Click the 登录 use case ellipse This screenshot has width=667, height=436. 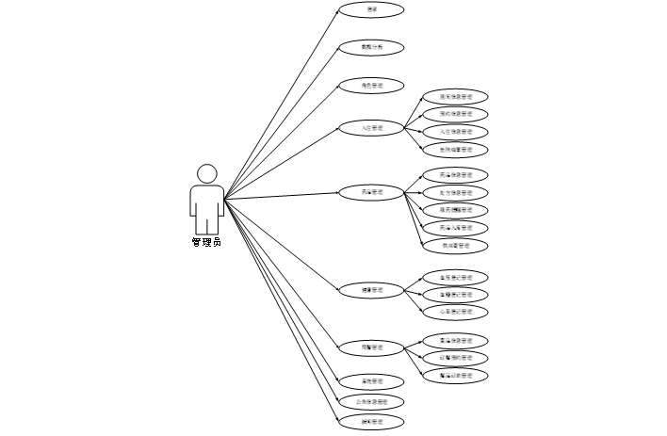click(x=371, y=10)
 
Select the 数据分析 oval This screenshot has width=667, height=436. click(x=371, y=47)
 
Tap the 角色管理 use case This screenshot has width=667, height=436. click(x=371, y=86)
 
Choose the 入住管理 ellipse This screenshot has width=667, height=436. click(x=371, y=127)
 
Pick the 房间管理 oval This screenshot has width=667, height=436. click(x=371, y=192)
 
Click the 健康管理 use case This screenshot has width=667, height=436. click(x=371, y=289)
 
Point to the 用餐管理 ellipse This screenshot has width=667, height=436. click(x=371, y=347)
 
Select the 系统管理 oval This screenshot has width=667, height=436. click(x=371, y=381)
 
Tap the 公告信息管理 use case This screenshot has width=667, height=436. click(x=371, y=402)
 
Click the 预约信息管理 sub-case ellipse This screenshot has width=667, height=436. click(x=456, y=114)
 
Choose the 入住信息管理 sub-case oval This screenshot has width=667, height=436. click(x=456, y=132)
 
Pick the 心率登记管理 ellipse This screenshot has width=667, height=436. click(x=456, y=311)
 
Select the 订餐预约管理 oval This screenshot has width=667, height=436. click(x=456, y=358)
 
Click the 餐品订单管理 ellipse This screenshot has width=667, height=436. click(x=456, y=376)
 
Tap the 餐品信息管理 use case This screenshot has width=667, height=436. click(x=456, y=340)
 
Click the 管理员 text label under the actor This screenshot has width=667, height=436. click(x=206, y=243)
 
